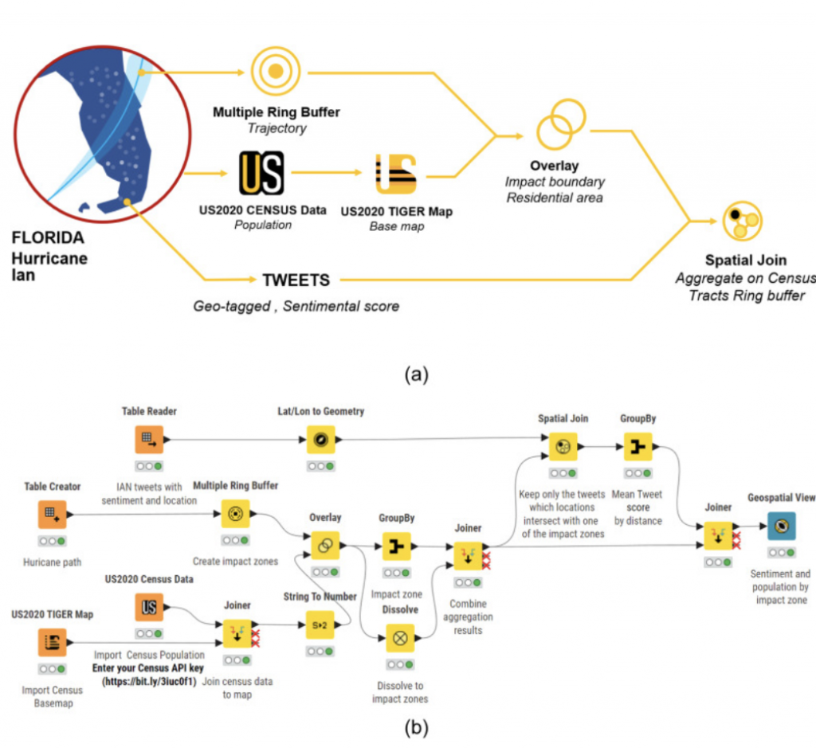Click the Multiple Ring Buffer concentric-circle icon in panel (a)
tap(276, 71)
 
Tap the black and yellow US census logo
tap(261, 173)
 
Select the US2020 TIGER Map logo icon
tap(396, 174)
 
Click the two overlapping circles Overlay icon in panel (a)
tap(561, 124)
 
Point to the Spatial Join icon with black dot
tap(743, 221)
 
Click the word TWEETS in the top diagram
tap(296, 280)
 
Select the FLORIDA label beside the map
tap(48, 237)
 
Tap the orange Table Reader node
tap(149, 440)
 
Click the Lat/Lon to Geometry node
tap(320, 440)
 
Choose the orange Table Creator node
tap(52, 515)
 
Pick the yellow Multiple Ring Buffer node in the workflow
tap(235, 514)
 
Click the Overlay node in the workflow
tap(325, 546)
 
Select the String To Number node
tap(320, 625)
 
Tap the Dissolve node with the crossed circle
tap(400, 638)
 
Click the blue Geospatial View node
tap(782, 526)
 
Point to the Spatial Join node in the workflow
tap(563, 447)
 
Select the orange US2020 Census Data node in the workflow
tap(149, 607)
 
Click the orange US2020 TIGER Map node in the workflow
tap(52, 642)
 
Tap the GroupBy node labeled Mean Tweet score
tap(638, 447)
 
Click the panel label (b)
tap(416, 728)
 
